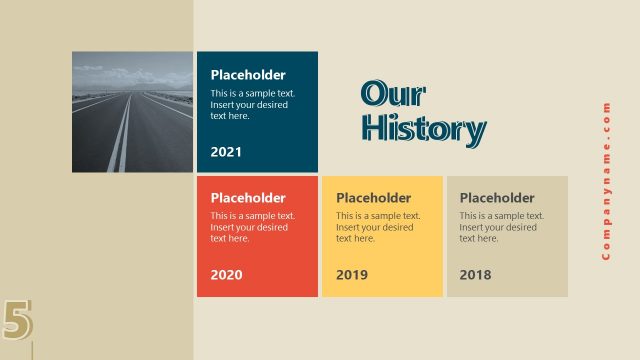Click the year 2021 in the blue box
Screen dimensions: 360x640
[x=226, y=152]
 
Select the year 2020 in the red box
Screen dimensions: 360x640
[x=226, y=274]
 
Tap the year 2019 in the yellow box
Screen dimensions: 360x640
[x=352, y=274]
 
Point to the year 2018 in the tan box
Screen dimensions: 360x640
[x=476, y=274]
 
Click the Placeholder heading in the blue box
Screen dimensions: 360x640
[x=248, y=75]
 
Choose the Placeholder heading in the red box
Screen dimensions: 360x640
[x=248, y=198]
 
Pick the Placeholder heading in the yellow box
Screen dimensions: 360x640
[x=374, y=198]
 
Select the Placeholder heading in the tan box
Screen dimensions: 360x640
[x=497, y=198]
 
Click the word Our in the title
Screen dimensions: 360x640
[x=393, y=94]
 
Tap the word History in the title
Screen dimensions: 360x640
[x=423, y=129]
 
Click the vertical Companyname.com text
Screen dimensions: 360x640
[x=606, y=180]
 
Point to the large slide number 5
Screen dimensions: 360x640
[x=17, y=320]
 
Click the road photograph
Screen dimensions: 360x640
[x=132, y=112]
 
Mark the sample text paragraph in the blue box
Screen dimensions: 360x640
[x=252, y=104]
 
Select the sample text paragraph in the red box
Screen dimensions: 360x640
[x=252, y=227]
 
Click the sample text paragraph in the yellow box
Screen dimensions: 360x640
[x=378, y=227]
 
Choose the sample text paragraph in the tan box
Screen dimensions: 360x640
[x=502, y=227]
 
